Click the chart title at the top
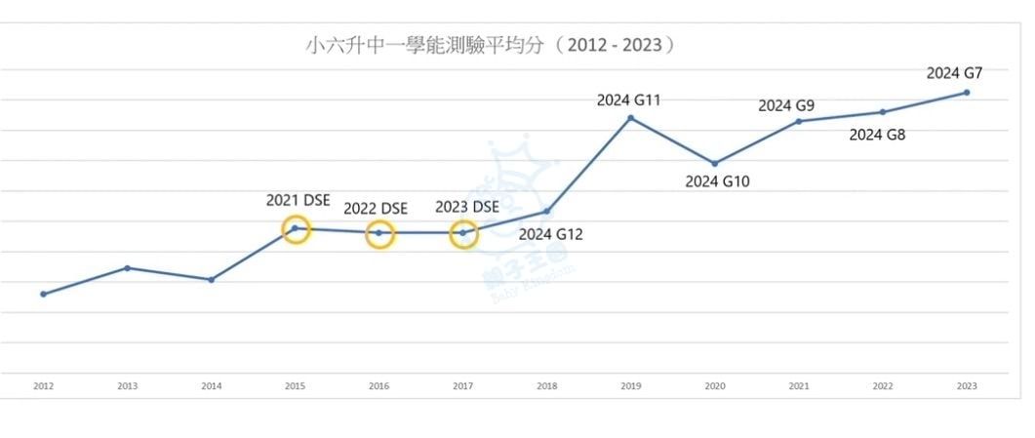click(x=491, y=45)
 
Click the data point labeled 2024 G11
click(x=631, y=118)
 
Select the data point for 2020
click(x=715, y=163)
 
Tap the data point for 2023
click(x=967, y=93)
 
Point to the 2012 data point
click(x=43, y=294)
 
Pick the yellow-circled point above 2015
click(x=296, y=229)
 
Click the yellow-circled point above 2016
click(x=379, y=233)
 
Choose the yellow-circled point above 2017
click(x=463, y=233)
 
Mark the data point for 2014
click(x=212, y=280)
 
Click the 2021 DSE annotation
click(x=299, y=200)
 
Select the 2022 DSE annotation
click(x=376, y=208)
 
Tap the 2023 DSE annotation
click(x=466, y=207)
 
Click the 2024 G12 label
click(x=550, y=234)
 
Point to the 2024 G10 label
click(x=717, y=181)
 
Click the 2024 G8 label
click(x=877, y=135)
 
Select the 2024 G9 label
click(x=786, y=105)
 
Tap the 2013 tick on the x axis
click(x=128, y=386)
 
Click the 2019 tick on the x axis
click(x=631, y=386)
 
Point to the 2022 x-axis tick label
click(x=883, y=386)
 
